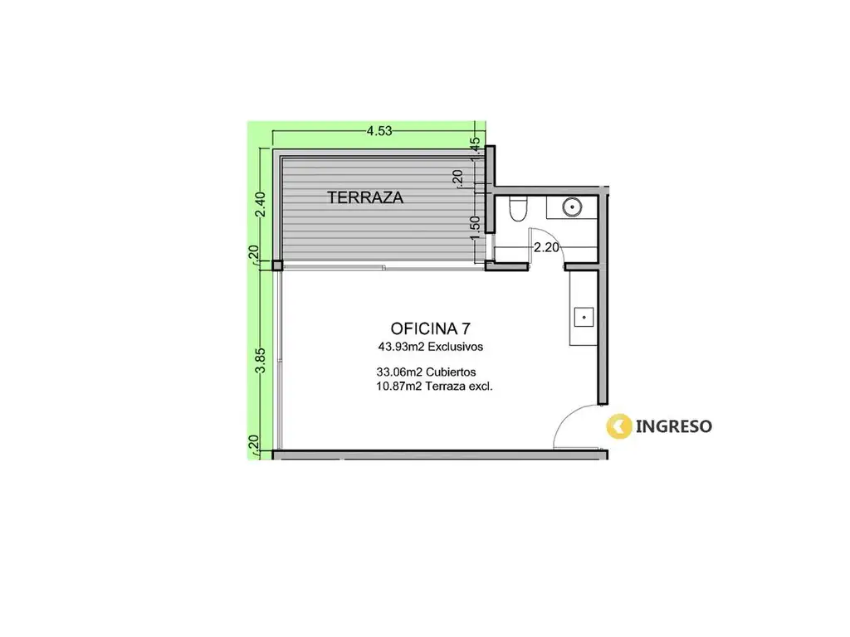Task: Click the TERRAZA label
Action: tap(365, 197)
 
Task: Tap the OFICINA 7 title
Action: tap(431, 328)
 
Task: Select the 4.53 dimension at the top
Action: tap(379, 131)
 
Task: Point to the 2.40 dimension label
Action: tap(260, 204)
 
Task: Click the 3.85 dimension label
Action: tap(260, 360)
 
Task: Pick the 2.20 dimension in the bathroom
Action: tap(546, 247)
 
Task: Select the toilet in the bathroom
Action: tap(518, 208)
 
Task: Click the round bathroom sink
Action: tap(572, 207)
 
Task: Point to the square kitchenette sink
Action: tap(584, 318)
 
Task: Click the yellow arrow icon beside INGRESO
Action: tap(619, 425)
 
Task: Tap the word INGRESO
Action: tap(673, 426)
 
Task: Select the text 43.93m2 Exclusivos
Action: tap(431, 347)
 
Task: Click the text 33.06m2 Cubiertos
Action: tap(426, 372)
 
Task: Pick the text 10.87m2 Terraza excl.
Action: tap(434, 387)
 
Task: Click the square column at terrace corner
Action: tap(277, 265)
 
